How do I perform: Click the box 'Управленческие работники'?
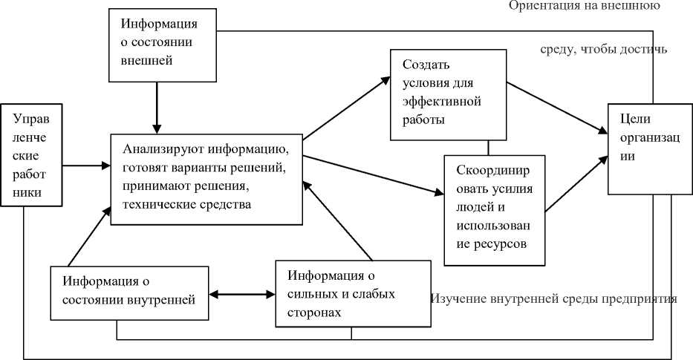pos(32,157)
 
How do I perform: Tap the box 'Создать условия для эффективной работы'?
pos(438,94)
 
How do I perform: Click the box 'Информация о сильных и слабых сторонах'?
pos(352,294)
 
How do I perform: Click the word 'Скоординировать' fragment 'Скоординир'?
pos(491,169)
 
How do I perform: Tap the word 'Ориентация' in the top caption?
pos(540,6)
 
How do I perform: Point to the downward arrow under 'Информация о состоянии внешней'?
pos(157,107)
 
